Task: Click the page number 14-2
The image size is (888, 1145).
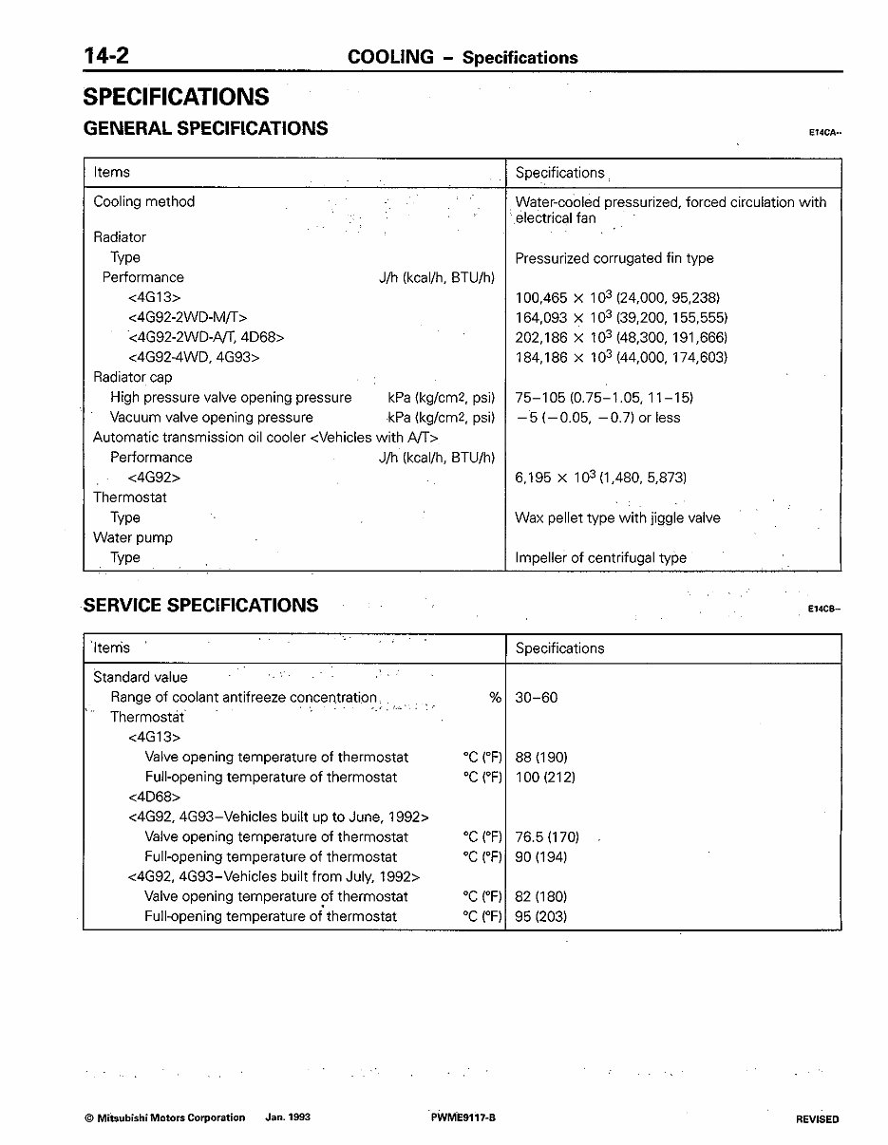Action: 106,56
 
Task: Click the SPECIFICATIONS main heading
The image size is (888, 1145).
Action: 176,97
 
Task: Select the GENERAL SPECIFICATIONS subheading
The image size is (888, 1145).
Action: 206,128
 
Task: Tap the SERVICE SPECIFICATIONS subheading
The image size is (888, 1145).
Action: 201,606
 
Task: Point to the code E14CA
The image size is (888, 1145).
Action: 824,134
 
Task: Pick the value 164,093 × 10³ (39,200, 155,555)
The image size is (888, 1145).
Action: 621,318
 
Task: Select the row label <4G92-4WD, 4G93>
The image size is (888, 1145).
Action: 194,358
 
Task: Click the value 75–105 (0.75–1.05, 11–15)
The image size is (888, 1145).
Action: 604,398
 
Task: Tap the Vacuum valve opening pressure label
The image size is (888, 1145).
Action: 211,418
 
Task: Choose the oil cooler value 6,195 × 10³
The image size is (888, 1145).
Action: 600,478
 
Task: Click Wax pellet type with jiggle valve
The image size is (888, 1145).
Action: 617,518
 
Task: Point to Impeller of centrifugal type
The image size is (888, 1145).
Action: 600,558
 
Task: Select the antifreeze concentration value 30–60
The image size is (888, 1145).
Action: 537,698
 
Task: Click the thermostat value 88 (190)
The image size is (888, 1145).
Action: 540,758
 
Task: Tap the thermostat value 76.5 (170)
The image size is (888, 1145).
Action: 546,837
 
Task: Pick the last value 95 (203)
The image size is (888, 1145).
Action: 540,917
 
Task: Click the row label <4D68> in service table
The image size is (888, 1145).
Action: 154,798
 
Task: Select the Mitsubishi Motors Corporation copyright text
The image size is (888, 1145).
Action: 164,1118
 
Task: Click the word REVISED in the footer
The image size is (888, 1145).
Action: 817,1119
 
